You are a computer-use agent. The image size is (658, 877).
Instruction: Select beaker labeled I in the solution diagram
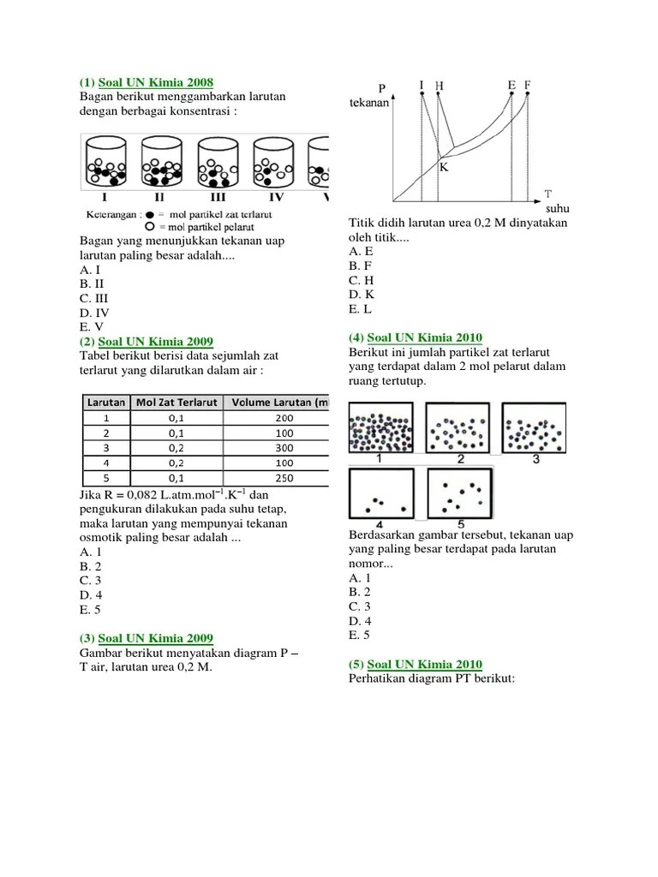tap(105, 164)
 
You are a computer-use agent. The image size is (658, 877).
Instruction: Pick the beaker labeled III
tap(218, 164)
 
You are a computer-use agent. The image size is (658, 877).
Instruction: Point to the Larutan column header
tap(105, 403)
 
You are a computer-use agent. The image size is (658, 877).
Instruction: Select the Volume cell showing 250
tap(284, 479)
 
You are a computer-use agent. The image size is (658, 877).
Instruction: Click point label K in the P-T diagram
tap(444, 168)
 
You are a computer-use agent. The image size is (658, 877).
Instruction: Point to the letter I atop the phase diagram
tap(422, 85)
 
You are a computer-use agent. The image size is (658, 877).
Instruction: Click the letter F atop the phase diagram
tap(528, 85)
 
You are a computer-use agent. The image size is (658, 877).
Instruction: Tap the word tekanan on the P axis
tap(369, 104)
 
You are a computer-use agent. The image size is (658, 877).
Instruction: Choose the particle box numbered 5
tap(460, 492)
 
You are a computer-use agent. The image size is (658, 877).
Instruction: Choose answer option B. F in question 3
tap(359, 265)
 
